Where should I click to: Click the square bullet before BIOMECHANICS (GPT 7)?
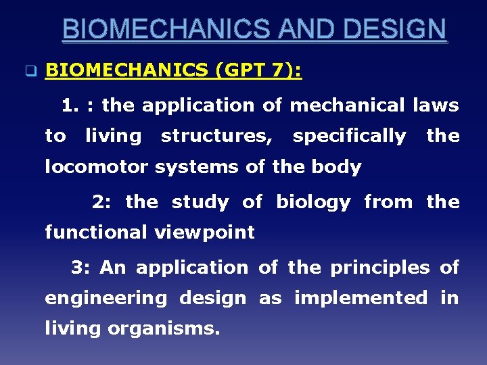coord(30,70)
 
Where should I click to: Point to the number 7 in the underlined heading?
coord(279,70)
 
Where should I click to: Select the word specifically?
coord(349,136)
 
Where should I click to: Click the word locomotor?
coord(97,166)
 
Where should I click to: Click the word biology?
coord(313,201)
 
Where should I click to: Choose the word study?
coord(201,201)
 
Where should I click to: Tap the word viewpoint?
coord(212,233)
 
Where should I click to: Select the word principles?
coord(380,268)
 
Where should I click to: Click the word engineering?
coord(106,298)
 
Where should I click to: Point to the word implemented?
coord(361,298)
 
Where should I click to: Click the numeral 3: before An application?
coord(81,268)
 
